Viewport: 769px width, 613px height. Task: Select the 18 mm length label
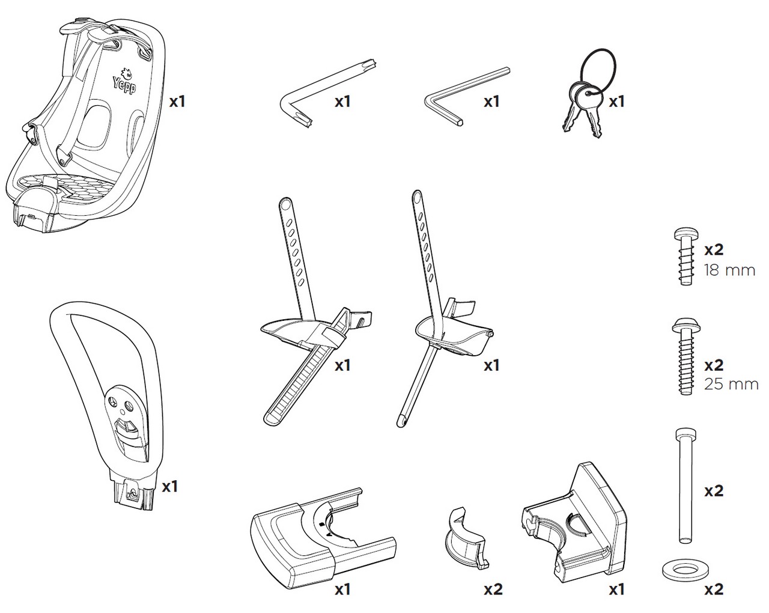(x=729, y=270)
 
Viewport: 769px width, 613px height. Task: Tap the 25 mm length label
(x=731, y=384)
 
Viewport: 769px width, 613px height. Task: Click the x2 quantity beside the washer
(x=713, y=590)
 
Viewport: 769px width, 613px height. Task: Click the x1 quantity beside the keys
(x=616, y=102)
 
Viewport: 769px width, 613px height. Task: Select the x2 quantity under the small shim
(x=493, y=590)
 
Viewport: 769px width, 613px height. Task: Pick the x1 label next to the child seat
(x=177, y=102)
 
